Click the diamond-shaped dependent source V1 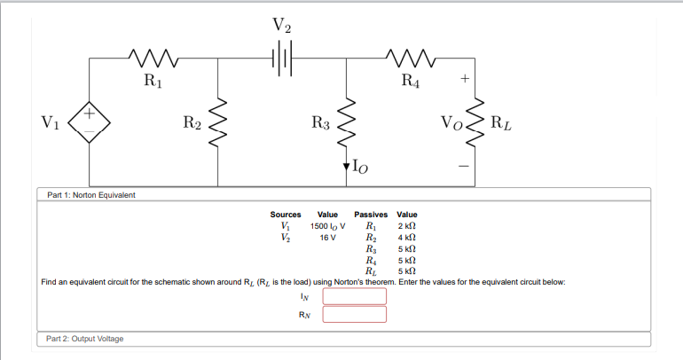[90, 122]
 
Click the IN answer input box [354, 296]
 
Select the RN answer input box [354, 314]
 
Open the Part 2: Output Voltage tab [85, 339]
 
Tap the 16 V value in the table [327, 238]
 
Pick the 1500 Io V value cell [327, 226]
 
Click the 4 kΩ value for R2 [407, 238]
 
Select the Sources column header [286, 215]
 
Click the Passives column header [372, 215]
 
